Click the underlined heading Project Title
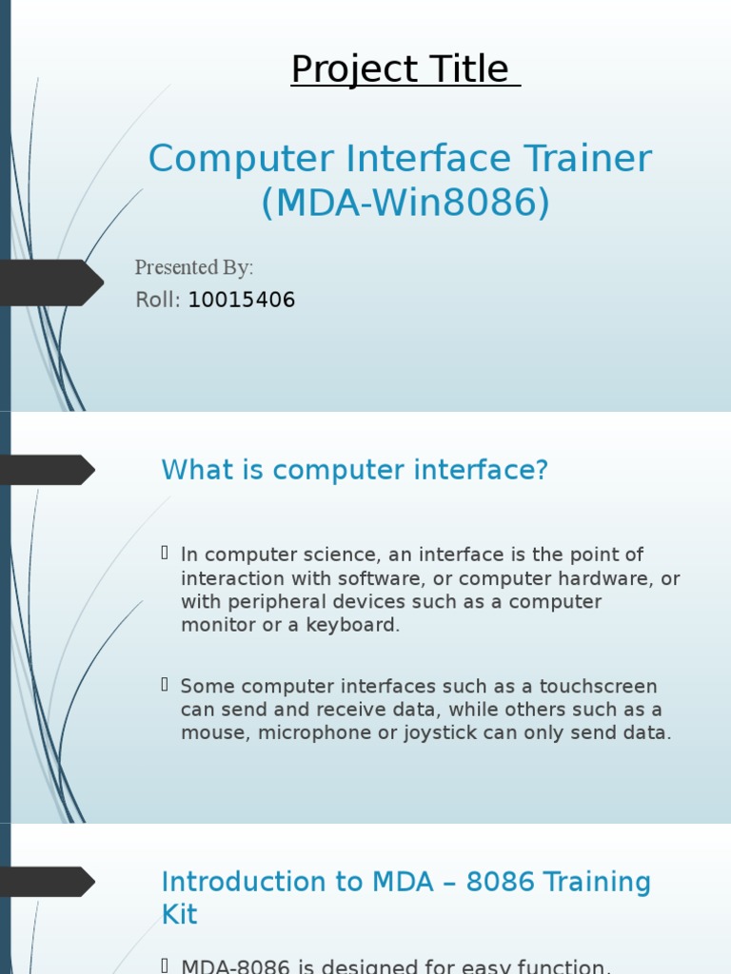405,69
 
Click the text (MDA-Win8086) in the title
405,203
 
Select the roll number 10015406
242,301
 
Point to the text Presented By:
194,267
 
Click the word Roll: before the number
158,301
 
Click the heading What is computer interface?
355,470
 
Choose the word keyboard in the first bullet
351,625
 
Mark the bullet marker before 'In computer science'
166,554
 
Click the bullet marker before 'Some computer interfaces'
166,685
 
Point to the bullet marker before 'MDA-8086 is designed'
166,966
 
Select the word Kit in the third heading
180,915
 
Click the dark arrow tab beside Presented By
49,282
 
